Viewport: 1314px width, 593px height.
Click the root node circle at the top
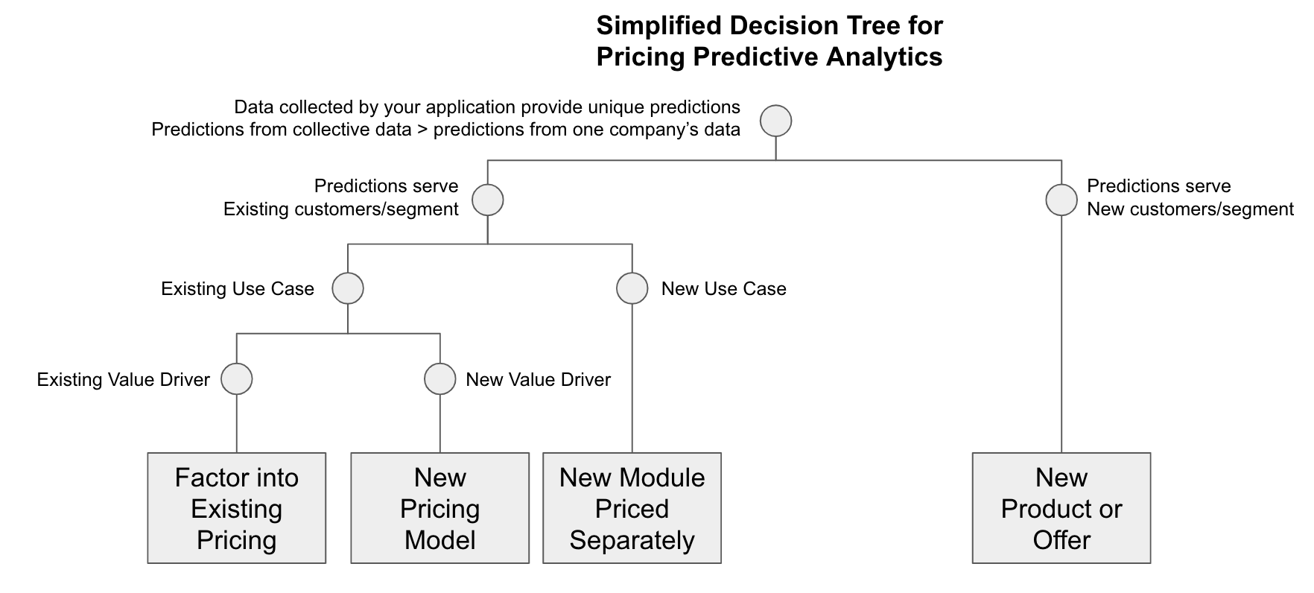click(x=775, y=121)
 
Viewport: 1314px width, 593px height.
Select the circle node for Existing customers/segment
click(x=487, y=200)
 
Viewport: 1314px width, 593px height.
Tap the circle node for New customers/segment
click(x=1061, y=200)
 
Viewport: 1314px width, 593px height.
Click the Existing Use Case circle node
click(x=348, y=288)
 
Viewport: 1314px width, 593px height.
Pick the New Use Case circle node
click(x=632, y=288)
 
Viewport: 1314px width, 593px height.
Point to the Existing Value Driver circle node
click(x=237, y=379)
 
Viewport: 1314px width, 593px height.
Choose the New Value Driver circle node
click(x=439, y=379)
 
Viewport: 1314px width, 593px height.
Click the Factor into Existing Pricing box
click(x=237, y=508)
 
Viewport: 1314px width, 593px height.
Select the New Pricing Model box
click(x=439, y=508)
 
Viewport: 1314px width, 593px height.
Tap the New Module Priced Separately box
click(x=632, y=508)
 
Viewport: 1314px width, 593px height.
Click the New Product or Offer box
click(x=1061, y=508)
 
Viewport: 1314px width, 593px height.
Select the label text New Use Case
click(x=723, y=289)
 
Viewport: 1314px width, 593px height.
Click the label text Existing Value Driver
click(x=124, y=380)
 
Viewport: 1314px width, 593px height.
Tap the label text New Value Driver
click(x=538, y=380)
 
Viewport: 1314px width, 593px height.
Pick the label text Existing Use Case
click(x=238, y=289)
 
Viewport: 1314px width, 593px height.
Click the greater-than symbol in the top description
click(x=422, y=130)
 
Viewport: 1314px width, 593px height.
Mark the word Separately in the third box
click(x=632, y=540)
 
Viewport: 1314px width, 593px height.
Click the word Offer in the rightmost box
click(x=1061, y=540)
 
